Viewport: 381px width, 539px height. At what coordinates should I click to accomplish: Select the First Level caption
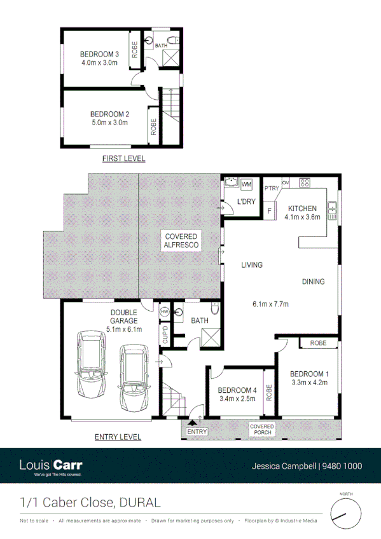click(x=123, y=158)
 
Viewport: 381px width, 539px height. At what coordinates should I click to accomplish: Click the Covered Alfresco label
click(x=181, y=240)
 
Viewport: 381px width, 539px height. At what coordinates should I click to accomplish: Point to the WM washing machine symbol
click(x=247, y=184)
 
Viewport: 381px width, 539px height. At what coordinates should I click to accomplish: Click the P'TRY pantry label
click(x=272, y=188)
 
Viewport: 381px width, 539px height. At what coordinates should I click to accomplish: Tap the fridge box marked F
click(x=270, y=211)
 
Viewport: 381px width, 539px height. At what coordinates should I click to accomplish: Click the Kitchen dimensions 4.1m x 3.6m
click(x=301, y=217)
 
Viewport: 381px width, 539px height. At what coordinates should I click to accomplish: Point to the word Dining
click(x=313, y=282)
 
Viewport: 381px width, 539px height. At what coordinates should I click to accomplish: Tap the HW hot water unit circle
click(x=164, y=312)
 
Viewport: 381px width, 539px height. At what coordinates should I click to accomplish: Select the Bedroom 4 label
click(x=237, y=390)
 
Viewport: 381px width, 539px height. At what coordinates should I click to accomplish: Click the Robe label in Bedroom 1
click(x=319, y=343)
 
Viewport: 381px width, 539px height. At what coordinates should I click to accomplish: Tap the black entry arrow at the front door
click(x=193, y=420)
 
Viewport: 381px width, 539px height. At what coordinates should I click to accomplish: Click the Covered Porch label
click(x=261, y=430)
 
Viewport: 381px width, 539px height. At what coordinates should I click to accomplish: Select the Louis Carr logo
click(x=51, y=465)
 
